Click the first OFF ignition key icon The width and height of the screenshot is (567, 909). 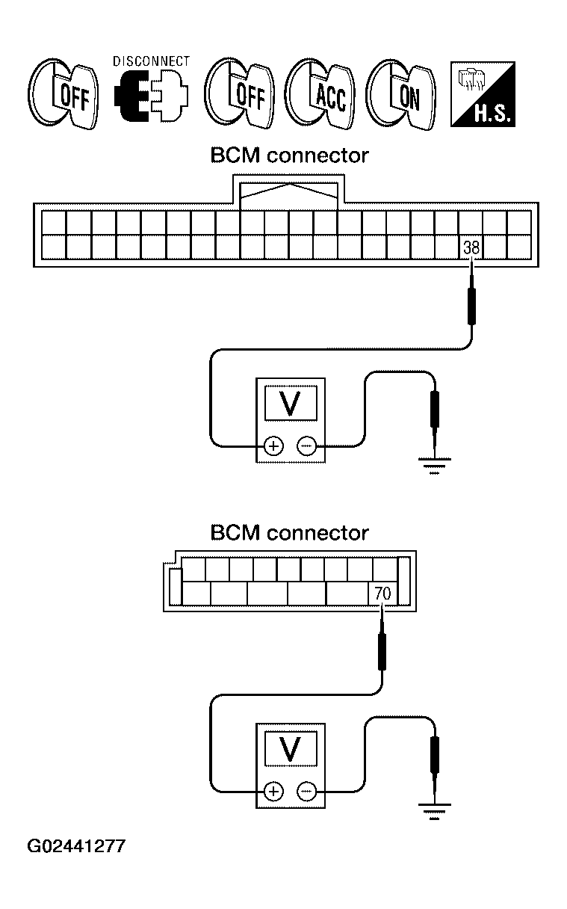(63, 94)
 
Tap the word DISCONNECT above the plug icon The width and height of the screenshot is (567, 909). (152, 61)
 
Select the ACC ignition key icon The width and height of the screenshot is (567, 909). (320, 94)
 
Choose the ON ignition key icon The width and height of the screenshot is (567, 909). (401, 94)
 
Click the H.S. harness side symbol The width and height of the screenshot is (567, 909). (483, 94)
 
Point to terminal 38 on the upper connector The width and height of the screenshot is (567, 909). (471, 247)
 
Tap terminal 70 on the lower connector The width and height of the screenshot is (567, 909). (382, 594)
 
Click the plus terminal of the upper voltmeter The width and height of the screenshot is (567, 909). (273, 446)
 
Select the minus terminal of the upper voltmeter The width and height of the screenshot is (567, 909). (306, 446)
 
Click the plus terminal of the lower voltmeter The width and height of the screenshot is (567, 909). (273, 792)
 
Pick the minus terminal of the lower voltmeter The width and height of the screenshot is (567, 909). (306, 792)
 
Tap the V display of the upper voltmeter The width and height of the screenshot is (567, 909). (291, 403)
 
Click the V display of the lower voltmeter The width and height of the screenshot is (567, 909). (291, 748)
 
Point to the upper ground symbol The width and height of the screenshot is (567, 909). (434, 466)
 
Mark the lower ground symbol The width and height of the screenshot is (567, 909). (434, 811)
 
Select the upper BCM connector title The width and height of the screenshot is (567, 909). (290, 155)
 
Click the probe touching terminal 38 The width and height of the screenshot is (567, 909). (471, 295)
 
